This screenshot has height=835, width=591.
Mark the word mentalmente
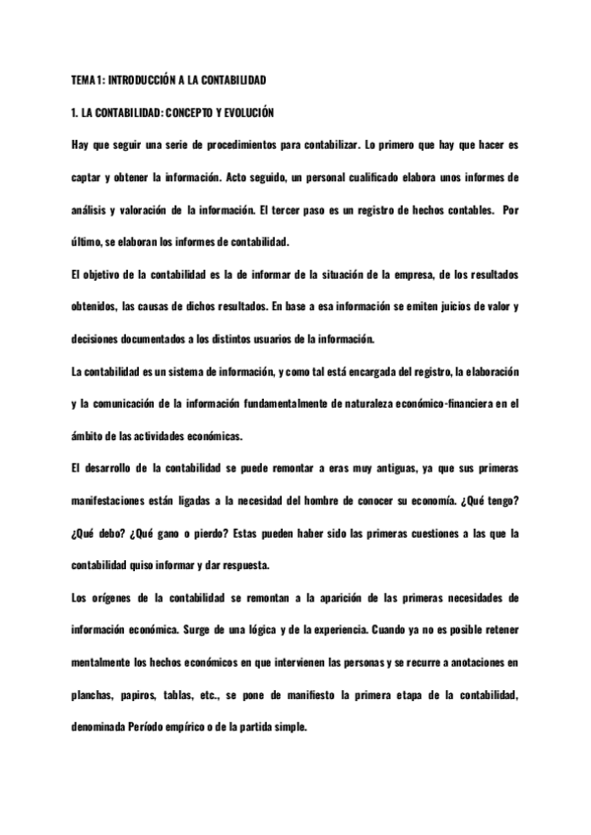tap(109, 663)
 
